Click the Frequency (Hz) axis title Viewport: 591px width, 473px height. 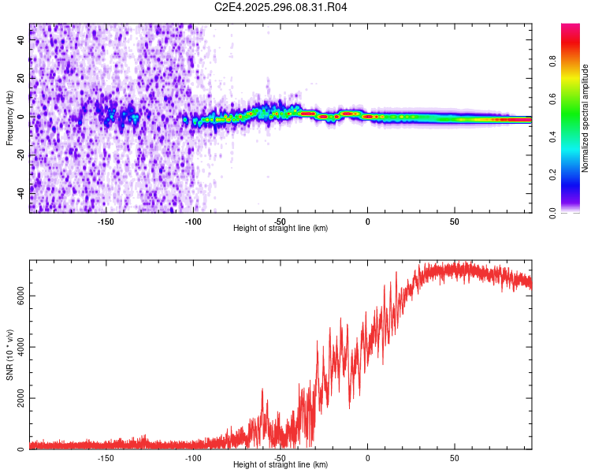pyautogui.click(x=10, y=117)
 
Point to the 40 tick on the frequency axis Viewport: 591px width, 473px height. pyautogui.click(x=22, y=40)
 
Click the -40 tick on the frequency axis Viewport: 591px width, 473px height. pyautogui.click(x=22, y=192)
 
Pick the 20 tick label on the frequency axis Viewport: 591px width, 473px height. pyautogui.click(x=22, y=78)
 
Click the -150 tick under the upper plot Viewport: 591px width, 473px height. pyautogui.click(x=106, y=221)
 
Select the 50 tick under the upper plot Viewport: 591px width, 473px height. pyautogui.click(x=454, y=221)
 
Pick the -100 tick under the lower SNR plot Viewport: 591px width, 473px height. pyautogui.click(x=193, y=457)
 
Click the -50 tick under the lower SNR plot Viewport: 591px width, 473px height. pyautogui.click(x=281, y=457)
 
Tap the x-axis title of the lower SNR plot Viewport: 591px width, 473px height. pyautogui.click(x=281, y=465)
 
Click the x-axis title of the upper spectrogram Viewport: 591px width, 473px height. pyautogui.click(x=281, y=229)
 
